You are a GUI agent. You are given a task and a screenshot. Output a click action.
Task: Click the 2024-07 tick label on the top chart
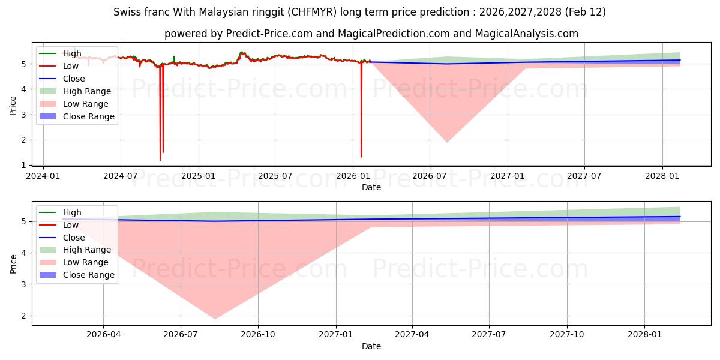pyautogui.click(x=121, y=176)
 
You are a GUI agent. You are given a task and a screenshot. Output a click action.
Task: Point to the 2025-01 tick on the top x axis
pyautogui.click(x=198, y=176)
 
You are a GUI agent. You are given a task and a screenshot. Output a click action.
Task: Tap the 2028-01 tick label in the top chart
pyautogui.click(x=662, y=176)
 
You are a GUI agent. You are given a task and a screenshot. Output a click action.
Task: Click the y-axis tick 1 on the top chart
pyautogui.click(x=25, y=165)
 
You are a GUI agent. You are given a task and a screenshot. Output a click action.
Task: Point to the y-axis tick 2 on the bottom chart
pyautogui.click(x=25, y=316)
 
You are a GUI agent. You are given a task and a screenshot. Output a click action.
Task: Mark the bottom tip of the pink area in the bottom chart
pyautogui.click(x=215, y=319)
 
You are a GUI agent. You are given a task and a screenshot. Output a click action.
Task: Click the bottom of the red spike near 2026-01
pyautogui.click(x=361, y=157)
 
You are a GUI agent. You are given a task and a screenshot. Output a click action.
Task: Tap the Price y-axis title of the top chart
pyautogui.click(x=13, y=106)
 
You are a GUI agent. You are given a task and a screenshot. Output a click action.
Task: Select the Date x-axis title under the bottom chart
pyautogui.click(x=371, y=346)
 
